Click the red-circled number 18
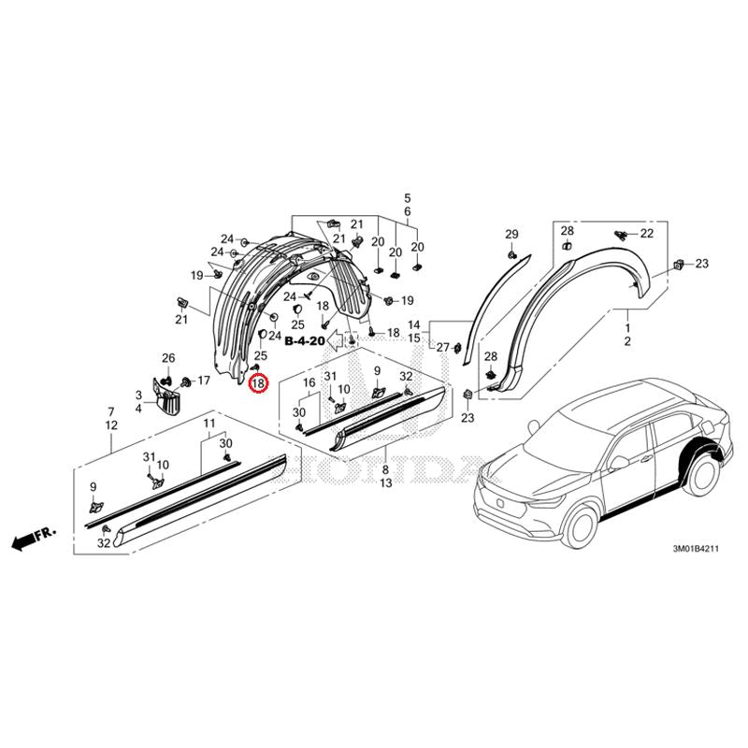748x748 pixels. pos(258,383)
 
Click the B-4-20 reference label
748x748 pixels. pos(305,341)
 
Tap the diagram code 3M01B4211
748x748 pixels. pos(695,549)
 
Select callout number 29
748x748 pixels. pos(511,235)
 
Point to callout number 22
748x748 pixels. pos(647,233)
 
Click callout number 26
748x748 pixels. pos(168,358)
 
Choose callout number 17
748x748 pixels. pos(204,381)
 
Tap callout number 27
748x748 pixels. pos(442,348)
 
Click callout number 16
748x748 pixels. pos(309,382)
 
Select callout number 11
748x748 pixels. pos(209,424)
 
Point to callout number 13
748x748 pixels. pos(386,482)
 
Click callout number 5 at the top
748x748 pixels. pos(408,198)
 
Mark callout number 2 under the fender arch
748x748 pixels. pos(627,341)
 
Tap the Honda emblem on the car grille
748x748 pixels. pos(500,503)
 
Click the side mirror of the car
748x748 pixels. pos(618,462)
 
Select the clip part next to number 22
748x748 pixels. pos(620,234)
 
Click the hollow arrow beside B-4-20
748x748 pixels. pos(336,339)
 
